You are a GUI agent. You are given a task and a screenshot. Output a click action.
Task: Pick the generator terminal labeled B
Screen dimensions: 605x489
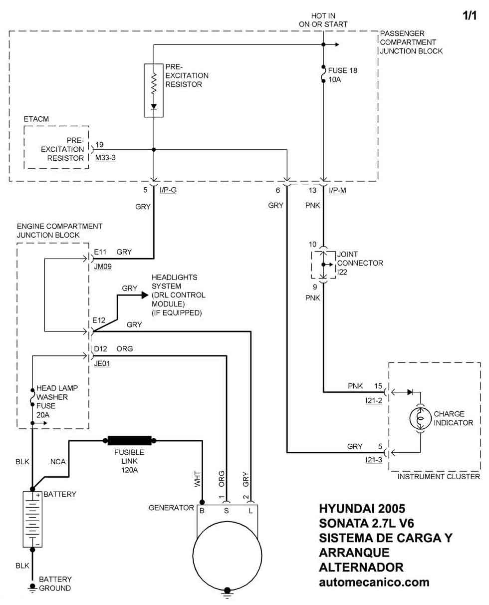point(202,511)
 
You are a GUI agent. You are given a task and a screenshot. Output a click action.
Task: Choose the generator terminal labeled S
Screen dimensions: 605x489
point(227,511)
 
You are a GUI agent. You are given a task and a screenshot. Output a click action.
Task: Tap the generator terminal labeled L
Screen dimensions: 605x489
point(251,511)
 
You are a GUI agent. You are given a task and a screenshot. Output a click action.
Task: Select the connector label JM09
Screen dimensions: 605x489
point(102,267)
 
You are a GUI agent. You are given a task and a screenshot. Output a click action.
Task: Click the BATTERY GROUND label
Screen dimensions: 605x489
point(55,584)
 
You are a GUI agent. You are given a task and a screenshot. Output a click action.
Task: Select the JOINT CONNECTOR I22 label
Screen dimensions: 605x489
point(360,263)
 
